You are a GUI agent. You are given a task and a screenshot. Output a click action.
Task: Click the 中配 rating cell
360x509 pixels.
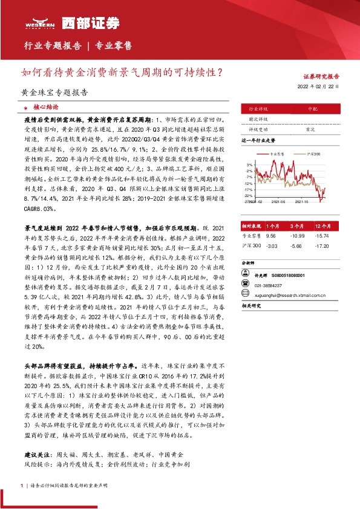coord(312,109)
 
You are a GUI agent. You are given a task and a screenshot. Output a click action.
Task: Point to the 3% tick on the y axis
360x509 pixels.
coord(249,164)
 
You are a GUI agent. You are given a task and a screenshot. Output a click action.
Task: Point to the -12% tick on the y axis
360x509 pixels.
coord(248,183)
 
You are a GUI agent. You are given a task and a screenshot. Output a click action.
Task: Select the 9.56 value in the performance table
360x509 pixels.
coord(270,235)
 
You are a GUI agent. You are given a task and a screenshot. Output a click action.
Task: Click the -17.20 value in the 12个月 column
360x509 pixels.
coord(323,246)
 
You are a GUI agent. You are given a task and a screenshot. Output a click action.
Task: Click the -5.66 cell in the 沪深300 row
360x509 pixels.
coord(296,246)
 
